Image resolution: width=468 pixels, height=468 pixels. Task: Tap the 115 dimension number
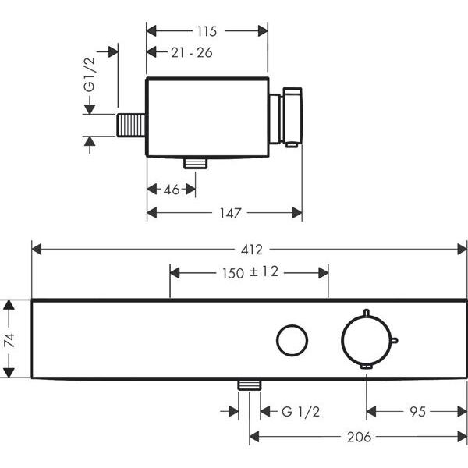click(x=207, y=31)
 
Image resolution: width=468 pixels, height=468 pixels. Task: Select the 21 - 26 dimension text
click(x=191, y=52)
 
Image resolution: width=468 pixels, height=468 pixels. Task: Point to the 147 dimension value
click(x=229, y=212)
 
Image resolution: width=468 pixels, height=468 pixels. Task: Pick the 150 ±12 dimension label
click(x=248, y=272)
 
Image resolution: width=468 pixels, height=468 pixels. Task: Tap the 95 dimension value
click(x=417, y=411)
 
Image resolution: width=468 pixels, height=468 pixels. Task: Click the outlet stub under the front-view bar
click(x=250, y=385)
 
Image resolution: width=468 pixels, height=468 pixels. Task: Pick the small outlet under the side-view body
click(x=195, y=162)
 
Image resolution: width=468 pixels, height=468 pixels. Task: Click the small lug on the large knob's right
click(x=395, y=339)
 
